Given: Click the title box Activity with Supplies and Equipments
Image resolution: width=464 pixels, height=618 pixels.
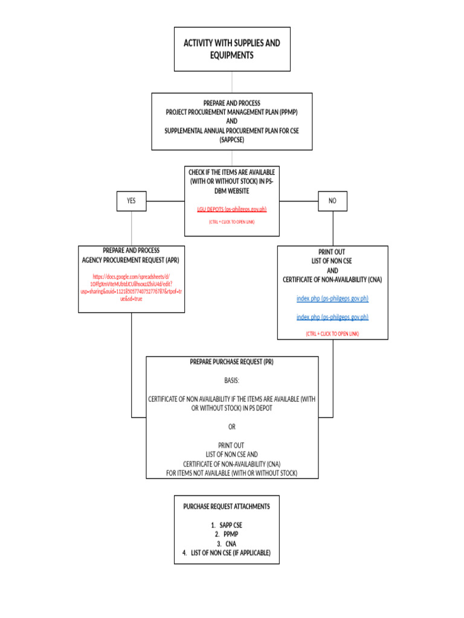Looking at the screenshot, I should (x=232, y=49).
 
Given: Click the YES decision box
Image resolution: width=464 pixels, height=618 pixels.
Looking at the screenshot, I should (x=131, y=201).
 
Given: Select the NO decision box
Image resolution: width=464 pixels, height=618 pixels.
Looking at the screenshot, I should (x=332, y=201).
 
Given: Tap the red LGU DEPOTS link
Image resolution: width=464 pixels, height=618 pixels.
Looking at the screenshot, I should (x=231, y=209).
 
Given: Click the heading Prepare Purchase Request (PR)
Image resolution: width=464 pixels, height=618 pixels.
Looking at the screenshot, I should (x=232, y=362).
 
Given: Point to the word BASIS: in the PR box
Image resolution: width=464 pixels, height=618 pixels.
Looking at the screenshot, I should (x=232, y=381).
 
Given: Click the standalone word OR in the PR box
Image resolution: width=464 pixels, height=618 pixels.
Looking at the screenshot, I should (x=232, y=427).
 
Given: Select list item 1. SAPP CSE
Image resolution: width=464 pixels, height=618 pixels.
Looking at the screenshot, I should (x=227, y=525).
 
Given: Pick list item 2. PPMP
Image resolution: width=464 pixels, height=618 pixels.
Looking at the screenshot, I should (x=227, y=534).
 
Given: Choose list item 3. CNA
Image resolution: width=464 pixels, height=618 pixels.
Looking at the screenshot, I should (x=227, y=544).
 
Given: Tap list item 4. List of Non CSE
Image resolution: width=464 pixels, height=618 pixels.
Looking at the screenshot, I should (x=227, y=553).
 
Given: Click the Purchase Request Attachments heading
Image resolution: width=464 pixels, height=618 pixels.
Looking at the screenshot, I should (x=227, y=506).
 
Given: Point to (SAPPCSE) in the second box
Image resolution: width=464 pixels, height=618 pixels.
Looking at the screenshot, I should (x=231, y=139).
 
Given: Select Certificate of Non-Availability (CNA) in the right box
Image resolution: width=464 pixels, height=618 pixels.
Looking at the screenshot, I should (x=332, y=279).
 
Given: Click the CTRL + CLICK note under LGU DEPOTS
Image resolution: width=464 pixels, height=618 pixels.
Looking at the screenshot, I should (x=231, y=222).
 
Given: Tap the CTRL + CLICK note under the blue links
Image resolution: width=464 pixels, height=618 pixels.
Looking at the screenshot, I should (x=332, y=333).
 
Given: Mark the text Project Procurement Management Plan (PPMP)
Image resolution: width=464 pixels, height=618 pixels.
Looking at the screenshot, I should (x=231, y=112).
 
